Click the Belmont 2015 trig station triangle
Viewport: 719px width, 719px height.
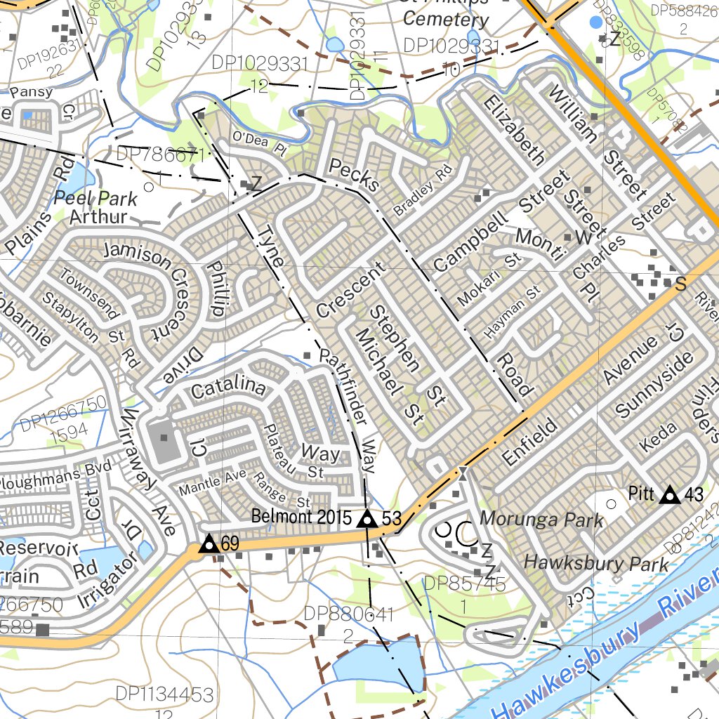[366, 520]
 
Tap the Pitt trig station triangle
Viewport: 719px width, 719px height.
[670, 495]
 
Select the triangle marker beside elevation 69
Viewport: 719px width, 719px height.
[208, 544]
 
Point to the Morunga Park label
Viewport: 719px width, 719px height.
[541, 520]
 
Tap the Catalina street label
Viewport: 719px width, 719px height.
[229, 388]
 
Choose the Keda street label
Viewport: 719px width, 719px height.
[658, 437]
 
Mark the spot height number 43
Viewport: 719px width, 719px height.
[694, 496]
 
